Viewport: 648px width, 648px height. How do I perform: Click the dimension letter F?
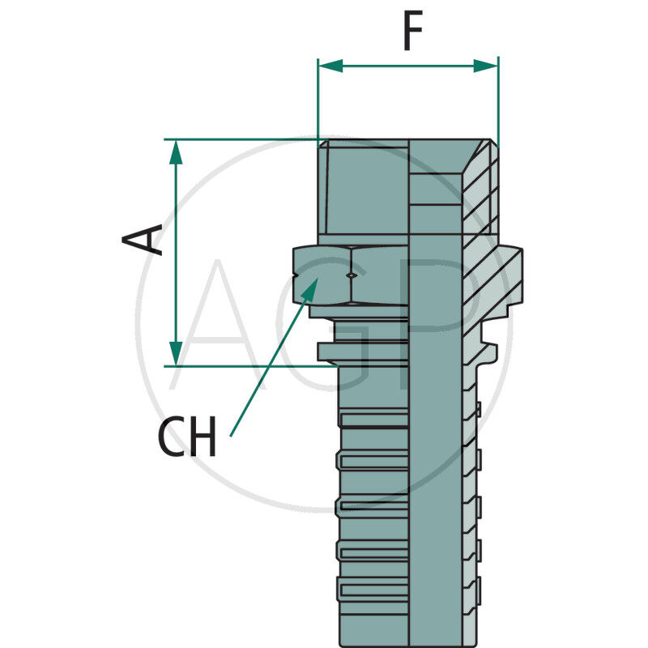[413, 34]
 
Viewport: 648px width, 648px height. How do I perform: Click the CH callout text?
[187, 437]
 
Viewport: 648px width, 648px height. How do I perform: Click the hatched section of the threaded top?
[480, 190]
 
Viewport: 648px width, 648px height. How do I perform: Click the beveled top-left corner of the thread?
[322, 143]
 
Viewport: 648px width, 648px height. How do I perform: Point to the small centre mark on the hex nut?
[350, 276]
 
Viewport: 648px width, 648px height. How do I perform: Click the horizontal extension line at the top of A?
[243, 139]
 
